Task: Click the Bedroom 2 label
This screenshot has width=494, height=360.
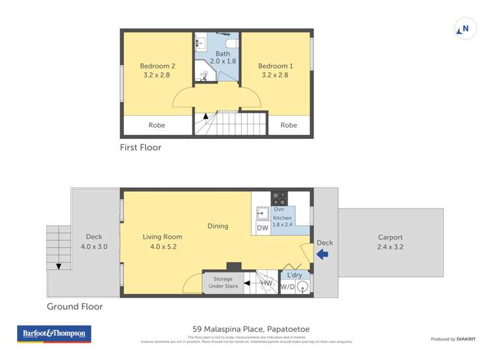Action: (x=157, y=70)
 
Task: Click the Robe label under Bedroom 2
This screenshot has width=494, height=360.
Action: (x=157, y=125)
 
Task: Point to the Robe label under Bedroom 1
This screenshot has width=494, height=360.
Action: (x=288, y=125)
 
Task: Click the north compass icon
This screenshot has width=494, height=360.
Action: (x=465, y=29)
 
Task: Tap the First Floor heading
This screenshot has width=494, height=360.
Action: (x=140, y=147)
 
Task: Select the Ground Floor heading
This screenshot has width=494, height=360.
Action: (x=74, y=307)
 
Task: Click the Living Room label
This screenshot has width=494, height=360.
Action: (x=162, y=242)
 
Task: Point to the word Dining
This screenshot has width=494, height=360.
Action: (x=217, y=226)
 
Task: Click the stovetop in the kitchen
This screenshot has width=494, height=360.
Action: (x=279, y=197)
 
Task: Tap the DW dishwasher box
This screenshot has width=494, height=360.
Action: (x=262, y=228)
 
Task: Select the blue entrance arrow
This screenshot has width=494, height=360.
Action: (x=322, y=254)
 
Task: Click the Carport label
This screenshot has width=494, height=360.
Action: (x=390, y=242)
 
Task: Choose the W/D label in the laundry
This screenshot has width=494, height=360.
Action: (x=287, y=287)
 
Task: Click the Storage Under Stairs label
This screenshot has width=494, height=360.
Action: (x=223, y=283)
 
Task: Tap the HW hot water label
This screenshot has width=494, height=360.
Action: (x=267, y=283)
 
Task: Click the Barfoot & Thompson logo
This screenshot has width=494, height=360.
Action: (x=54, y=334)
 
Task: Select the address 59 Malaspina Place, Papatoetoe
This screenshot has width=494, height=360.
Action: (x=251, y=329)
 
